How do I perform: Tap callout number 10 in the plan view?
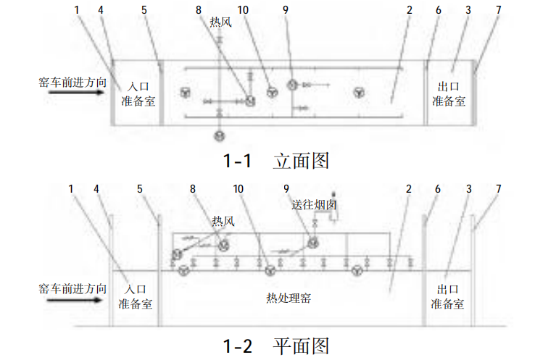tap(239, 188)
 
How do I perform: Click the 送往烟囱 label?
tap(314, 205)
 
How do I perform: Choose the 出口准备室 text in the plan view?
tap(448, 298)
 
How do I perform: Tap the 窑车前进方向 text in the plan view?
tap(73, 288)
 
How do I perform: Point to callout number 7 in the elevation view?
tap(497, 9)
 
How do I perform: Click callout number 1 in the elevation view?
tap(78, 9)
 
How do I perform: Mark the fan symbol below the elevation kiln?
tap(219, 135)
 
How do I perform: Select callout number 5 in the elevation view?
tap(144, 9)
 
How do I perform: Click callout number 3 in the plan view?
tap(468, 188)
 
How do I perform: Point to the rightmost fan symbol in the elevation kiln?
tap(360, 92)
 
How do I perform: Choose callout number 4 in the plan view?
tap(96, 188)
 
